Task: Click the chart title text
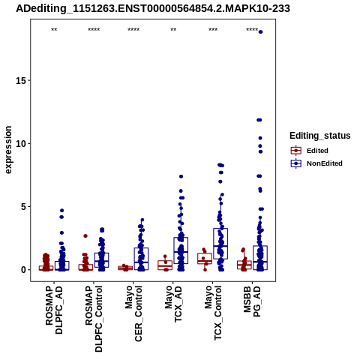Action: pyautogui.click(x=153, y=8)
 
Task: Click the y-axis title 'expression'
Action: pyautogui.click(x=8, y=150)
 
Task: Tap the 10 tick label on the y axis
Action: pyautogui.click(x=21, y=144)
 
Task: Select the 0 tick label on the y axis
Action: pyautogui.click(x=24, y=270)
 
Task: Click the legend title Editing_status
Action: pyautogui.click(x=320, y=136)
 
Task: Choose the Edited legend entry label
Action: pyautogui.click(x=317, y=151)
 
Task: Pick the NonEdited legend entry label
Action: pyautogui.click(x=325, y=163)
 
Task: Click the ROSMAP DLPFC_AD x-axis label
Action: pyautogui.click(x=54, y=310)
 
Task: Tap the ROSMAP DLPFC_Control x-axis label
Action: pyautogui.click(x=94, y=319)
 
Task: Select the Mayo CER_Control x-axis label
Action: pyautogui.click(x=133, y=313)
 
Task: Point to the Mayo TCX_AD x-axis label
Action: pyautogui.click(x=173, y=304)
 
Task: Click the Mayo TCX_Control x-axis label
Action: pyautogui.click(x=213, y=313)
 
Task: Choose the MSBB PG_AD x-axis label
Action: pyautogui.click(x=252, y=301)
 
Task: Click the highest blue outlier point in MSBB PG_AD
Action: pyautogui.click(x=260, y=32)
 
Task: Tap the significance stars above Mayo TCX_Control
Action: pyautogui.click(x=213, y=30)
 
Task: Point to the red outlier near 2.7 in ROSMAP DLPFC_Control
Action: pyautogui.click(x=85, y=236)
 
